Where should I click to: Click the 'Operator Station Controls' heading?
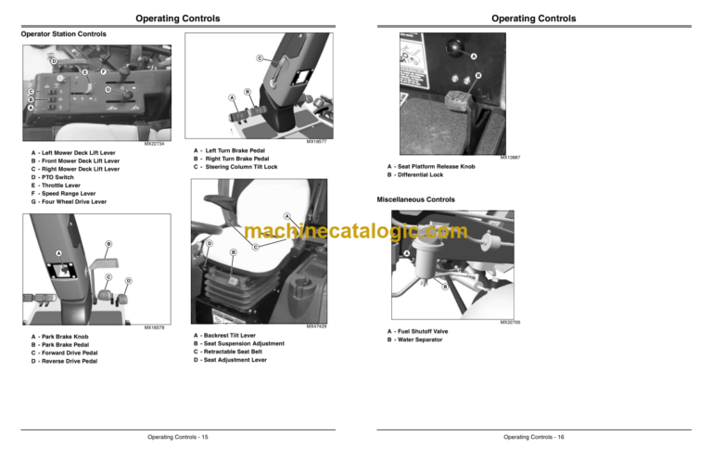coord(63,34)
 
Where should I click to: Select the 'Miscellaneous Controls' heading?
coord(415,199)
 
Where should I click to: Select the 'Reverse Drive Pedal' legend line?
coord(68,361)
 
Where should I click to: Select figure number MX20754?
coord(154,144)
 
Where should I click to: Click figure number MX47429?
coord(318,327)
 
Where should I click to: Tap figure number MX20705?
coord(510,322)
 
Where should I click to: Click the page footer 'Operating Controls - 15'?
coord(178,436)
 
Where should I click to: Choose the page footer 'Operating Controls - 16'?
coord(534,436)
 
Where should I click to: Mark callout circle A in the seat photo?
coord(287,216)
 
